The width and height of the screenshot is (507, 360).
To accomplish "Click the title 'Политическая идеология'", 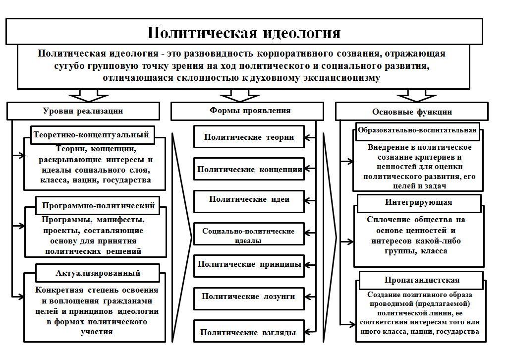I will pos(244,33).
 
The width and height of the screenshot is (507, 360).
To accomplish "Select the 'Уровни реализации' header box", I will pos(83,111).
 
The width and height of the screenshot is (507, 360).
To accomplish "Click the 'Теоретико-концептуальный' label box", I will pos(91,134).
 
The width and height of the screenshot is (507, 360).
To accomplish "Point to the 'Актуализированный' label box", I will pos(98,273).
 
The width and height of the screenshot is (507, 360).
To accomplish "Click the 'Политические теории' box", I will pos(248,137).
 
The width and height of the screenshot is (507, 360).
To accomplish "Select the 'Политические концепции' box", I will pos(249,169).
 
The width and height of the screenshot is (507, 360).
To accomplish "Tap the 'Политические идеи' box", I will pos(249,199).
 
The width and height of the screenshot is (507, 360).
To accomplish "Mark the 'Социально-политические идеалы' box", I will pos(249,235).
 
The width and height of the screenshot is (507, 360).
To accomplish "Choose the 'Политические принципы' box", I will pos(249,264).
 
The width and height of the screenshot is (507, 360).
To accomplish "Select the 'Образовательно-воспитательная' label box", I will pos(418,131).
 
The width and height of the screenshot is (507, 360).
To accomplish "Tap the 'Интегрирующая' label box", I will pos(418,202).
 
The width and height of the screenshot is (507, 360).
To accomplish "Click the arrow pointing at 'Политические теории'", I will pos(311,137).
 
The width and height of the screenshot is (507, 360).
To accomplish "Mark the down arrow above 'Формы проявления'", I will pos(232,94).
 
